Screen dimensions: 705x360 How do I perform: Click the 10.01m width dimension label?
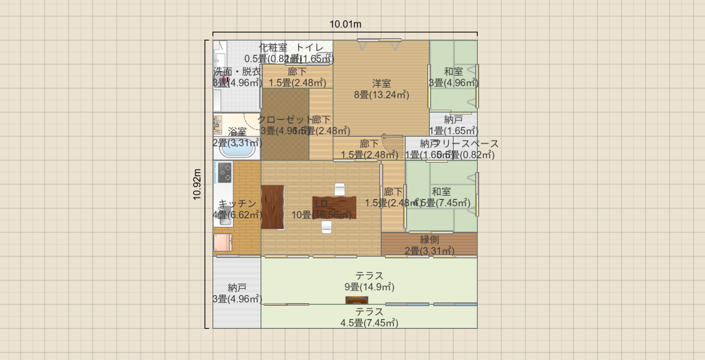point(345,24)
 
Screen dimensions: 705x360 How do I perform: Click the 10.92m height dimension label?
point(197,184)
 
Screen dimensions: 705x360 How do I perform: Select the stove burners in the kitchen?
point(225,173)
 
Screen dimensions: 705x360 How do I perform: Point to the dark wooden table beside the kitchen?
point(273,207)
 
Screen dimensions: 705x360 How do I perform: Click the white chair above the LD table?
point(339,189)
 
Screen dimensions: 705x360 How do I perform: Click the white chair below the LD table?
point(326,227)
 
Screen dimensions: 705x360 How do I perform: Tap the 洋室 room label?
point(381,83)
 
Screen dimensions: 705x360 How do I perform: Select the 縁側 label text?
point(429,240)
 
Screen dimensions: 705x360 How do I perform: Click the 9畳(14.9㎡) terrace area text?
point(369,287)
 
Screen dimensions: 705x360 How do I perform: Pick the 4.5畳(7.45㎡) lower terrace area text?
point(369,323)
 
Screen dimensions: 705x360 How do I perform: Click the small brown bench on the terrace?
point(357,300)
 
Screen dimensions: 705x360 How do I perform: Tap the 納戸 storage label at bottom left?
point(237,287)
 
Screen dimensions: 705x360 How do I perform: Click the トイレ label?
point(310,47)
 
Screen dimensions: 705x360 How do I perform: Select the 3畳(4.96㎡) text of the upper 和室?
point(453,83)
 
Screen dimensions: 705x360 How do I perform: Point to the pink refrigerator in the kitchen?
point(223,242)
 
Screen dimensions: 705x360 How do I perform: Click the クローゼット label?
point(284,120)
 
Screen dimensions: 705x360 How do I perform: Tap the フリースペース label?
point(466,143)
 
